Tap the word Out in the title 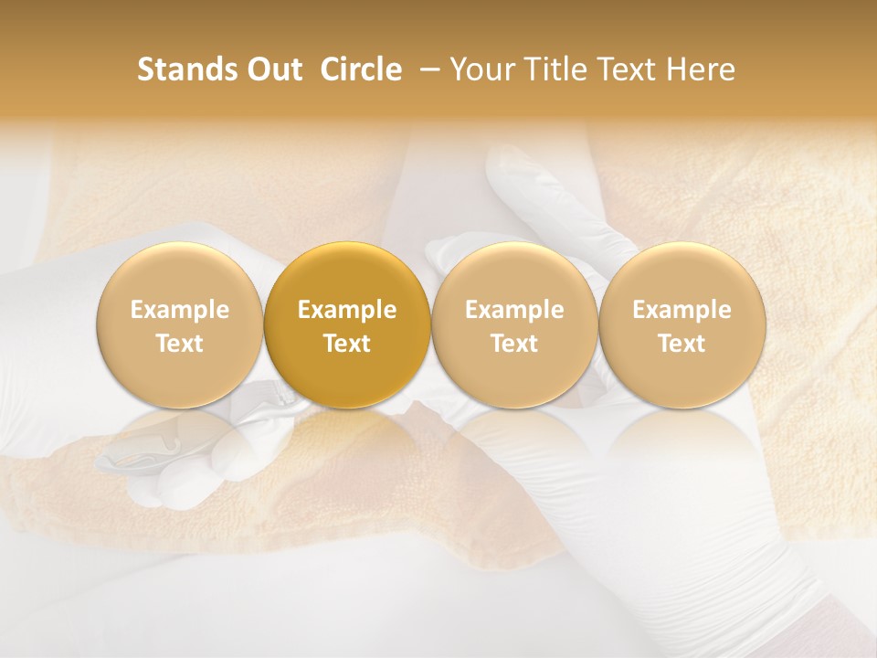[x=273, y=69]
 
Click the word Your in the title [x=480, y=69]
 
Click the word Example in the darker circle [x=347, y=310]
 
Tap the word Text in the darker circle [x=347, y=344]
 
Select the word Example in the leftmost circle [x=180, y=310]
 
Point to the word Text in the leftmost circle [x=180, y=344]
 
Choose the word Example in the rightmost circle [x=682, y=310]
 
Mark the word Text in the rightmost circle [x=682, y=344]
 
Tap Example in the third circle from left [x=514, y=310]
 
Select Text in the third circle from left [x=514, y=344]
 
